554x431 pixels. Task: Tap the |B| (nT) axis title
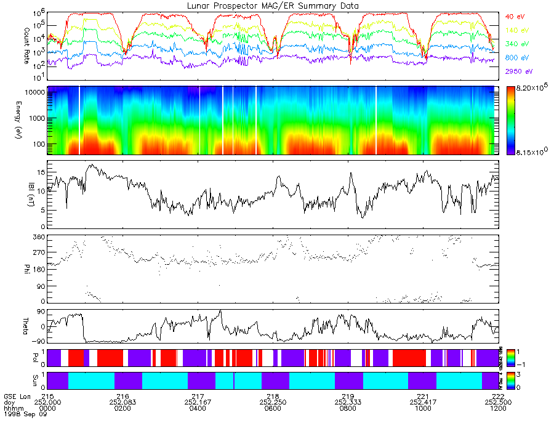(x=9, y=194)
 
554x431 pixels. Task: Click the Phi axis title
(x=9, y=268)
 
